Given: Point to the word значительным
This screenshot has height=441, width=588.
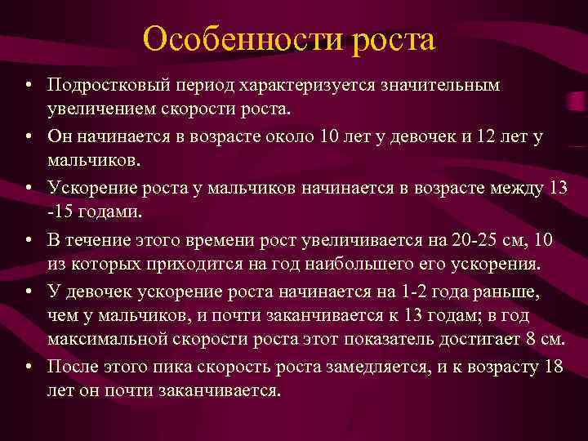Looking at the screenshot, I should pyautogui.click(x=447, y=86).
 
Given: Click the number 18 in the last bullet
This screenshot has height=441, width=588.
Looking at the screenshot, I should pyautogui.click(x=553, y=366).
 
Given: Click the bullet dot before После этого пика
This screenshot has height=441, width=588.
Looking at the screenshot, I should pyautogui.click(x=28, y=367).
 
